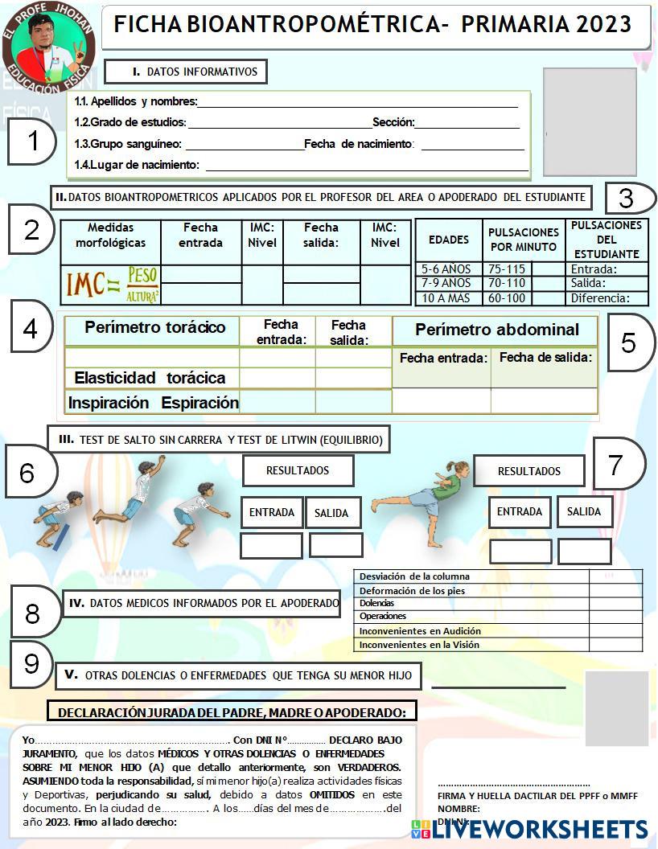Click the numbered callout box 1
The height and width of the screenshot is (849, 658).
click(x=32, y=141)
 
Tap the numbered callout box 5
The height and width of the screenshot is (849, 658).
click(x=628, y=342)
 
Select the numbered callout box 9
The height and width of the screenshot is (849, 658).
click(x=31, y=664)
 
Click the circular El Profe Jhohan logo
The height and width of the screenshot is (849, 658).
click(x=48, y=47)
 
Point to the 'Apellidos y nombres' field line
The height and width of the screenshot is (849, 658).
click(x=357, y=102)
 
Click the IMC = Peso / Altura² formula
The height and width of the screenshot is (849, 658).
click(x=112, y=285)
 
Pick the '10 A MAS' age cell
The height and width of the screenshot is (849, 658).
click(x=449, y=298)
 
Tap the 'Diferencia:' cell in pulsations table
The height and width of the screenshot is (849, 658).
click(x=607, y=298)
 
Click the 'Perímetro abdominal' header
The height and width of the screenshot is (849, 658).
click(x=496, y=330)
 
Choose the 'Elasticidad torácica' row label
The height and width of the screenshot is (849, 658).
click(x=150, y=378)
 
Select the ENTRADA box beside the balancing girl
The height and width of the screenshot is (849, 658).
click(x=520, y=511)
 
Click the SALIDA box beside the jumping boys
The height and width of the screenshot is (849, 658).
click(x=331, y=513)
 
